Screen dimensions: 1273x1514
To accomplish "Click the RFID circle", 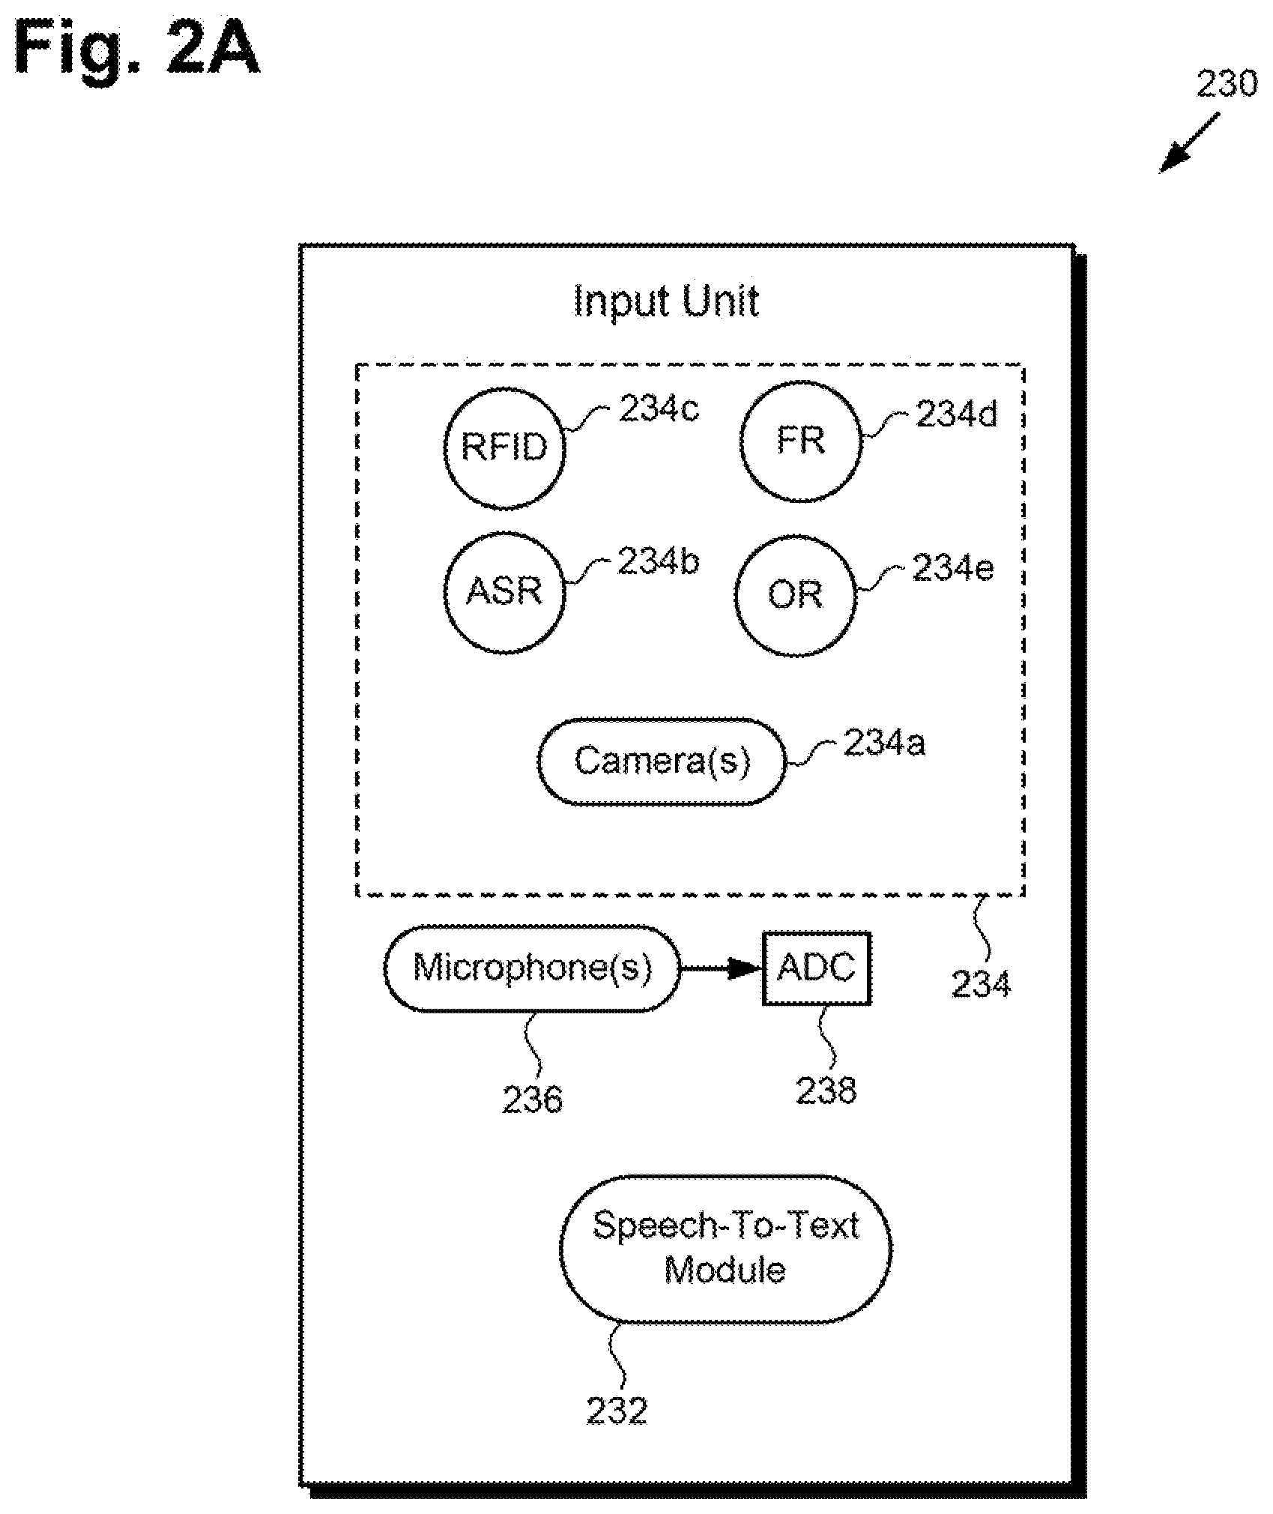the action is click(504, 447).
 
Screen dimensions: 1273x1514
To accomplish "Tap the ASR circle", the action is click(504, 591).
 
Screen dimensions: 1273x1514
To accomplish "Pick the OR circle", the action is click(795, 595).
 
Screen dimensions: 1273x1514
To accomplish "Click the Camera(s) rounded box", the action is click(662, 761).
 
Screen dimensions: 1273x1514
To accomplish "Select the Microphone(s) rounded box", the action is click(533, 968).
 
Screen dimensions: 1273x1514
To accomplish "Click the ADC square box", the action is click(817, 968).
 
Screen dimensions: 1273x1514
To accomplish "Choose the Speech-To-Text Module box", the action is click(725, 1249).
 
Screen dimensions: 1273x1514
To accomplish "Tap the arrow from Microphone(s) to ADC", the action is click(722, 968).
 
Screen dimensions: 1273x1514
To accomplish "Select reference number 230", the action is click(1227, 85).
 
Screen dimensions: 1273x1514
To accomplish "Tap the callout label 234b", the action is click(658, 561).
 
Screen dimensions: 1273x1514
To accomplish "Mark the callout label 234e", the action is click(953, 569).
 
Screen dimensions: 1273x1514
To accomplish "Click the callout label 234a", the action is click(884, 743).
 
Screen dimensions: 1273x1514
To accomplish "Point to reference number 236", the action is click(533, 1100).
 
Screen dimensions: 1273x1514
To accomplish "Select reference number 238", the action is click(826, 1091).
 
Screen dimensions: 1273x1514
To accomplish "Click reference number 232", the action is click(617, 1411).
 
